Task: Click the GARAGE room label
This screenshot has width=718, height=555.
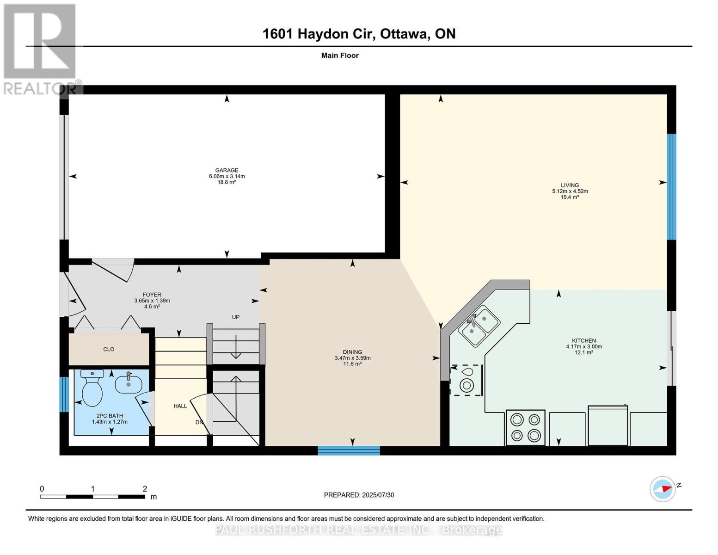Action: pyautogui.click(x=227, y=170)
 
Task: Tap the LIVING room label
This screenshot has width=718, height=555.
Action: pyautogui.click(x=570, y=185)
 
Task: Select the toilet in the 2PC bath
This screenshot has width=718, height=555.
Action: pyautogui.click(x=92, y=388)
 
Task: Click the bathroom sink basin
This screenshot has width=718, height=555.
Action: pyautogui.click(x=128, y=383)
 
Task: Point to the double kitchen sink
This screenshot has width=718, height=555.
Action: pyautogui.click(x=479, y=326)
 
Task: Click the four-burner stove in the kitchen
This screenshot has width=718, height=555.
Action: pyautogui.click(x=525, y=428)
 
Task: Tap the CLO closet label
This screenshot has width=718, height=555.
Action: pyautogui.click(x=109, y=349)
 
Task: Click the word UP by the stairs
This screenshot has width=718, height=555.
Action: pyautogui.click(x=236, y=317)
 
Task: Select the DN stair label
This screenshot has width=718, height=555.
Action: pyautogui.click(x=199, y=422)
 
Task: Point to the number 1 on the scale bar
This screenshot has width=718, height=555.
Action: pyautogui.click(x=93, y=488)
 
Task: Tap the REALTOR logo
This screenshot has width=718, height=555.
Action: pyautogui.click(x=41, y=49)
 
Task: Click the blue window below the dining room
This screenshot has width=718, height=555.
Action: pyautogui.click(x=349, y=450)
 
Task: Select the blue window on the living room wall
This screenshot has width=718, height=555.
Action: pyautogui.click(x=671, y=187)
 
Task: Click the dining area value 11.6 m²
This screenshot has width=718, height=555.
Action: pyautogui.click(x=352, y=364)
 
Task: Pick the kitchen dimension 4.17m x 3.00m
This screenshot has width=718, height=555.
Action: pyautogui.click(x=584, y=346)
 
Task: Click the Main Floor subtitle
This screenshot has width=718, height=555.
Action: pyautogui.click(x=340, y=55)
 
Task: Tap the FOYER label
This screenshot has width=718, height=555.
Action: pyautogui.click(x=152, y=295)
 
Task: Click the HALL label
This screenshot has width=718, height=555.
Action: pyautogui.click(x=180, y=406)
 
